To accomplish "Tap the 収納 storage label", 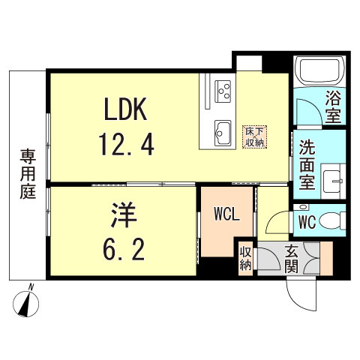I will tap(245, 259).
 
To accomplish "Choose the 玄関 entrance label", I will tap(292, 259).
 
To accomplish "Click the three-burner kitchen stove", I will tap(222, 90).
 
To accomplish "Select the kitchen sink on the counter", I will tap(223, 132).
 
